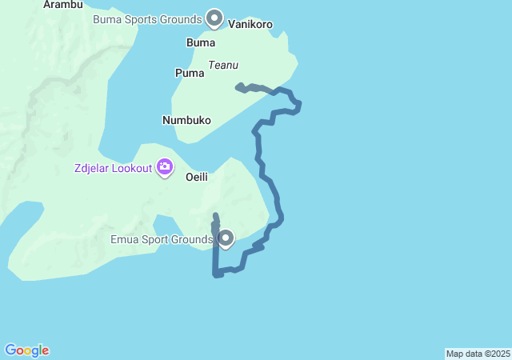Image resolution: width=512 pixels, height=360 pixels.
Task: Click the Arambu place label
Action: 63,4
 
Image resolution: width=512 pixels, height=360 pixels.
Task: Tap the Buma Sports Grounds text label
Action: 147,18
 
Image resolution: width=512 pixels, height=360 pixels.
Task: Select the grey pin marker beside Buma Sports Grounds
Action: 214,17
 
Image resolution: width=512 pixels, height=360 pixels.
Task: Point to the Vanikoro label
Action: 250,24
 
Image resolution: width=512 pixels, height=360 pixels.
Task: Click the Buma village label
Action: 200,42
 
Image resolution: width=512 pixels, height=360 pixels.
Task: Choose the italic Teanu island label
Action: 224,65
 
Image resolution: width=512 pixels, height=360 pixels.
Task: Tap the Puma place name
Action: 190,73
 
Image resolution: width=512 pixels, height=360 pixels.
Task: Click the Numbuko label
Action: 186,120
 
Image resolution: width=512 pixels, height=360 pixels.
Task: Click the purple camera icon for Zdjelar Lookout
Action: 165,167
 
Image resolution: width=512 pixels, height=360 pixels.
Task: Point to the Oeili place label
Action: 197,177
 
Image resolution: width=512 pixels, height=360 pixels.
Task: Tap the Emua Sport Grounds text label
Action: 161,239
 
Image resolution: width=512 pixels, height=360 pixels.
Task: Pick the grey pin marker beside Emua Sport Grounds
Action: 226,238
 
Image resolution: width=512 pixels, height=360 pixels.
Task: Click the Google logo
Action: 27,350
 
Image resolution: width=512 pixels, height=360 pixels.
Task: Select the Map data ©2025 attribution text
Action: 478,354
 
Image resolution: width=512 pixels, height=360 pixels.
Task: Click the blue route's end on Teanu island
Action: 238,86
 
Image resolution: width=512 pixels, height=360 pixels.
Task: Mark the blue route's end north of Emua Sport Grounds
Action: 216,215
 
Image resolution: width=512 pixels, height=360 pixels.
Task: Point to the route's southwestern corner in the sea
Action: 216,274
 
